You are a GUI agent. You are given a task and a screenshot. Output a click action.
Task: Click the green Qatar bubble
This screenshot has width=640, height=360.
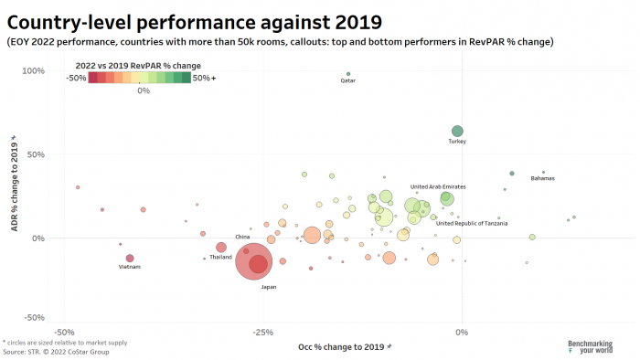[x=348, y=74]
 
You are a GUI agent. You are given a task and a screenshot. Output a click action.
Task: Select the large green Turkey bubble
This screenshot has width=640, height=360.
[x=457, y=132]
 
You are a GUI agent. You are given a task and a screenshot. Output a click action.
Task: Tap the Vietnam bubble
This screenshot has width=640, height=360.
[x=130, y=259]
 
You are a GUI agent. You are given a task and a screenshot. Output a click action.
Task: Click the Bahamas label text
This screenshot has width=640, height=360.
[x=542, y=178]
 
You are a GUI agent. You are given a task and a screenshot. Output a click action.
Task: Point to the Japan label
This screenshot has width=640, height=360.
[x=269, y=287]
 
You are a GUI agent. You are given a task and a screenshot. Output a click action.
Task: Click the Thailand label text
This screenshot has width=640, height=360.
[x=220, y=257]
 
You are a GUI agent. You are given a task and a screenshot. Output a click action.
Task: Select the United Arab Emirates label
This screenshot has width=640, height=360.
[x=437, y=186]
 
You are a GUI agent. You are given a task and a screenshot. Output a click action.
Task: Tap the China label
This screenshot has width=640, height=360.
[x=242, y=237]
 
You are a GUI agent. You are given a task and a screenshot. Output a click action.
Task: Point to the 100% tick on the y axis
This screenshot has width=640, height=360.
[x=34, y=70]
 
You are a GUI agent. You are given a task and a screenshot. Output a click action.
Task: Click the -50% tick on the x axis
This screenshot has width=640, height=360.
[x=65, y=332]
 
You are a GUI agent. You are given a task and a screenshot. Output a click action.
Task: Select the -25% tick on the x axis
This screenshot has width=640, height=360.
[x=262, y=332]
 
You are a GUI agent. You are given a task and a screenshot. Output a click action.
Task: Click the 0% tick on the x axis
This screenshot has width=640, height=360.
[x=462, y=332]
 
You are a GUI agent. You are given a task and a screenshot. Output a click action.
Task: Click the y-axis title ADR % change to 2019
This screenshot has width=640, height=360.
[x=14, y=182]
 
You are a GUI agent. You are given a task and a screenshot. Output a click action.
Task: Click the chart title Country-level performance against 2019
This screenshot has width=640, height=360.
[x=195, y=20]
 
